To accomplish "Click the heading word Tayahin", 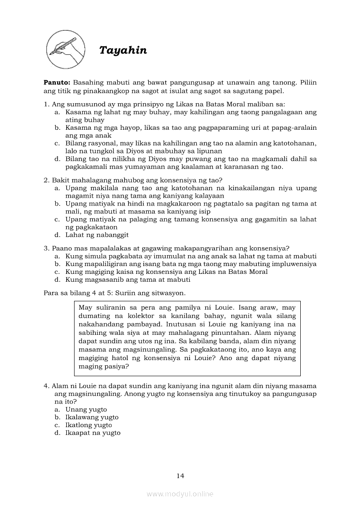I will coord(123,51).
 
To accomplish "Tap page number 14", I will coord(180,475).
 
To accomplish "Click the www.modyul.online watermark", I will coord(180,494).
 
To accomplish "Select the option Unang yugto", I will coord(86,410).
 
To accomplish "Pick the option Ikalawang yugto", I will coord(92,418).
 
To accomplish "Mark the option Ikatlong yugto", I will coord(88,425).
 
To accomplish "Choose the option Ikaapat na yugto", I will coord(93,433).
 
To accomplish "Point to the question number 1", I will coord(46,104).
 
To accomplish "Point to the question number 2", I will coord(46,180).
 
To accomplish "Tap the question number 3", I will coord(46,248).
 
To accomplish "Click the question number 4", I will coord(46,386).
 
